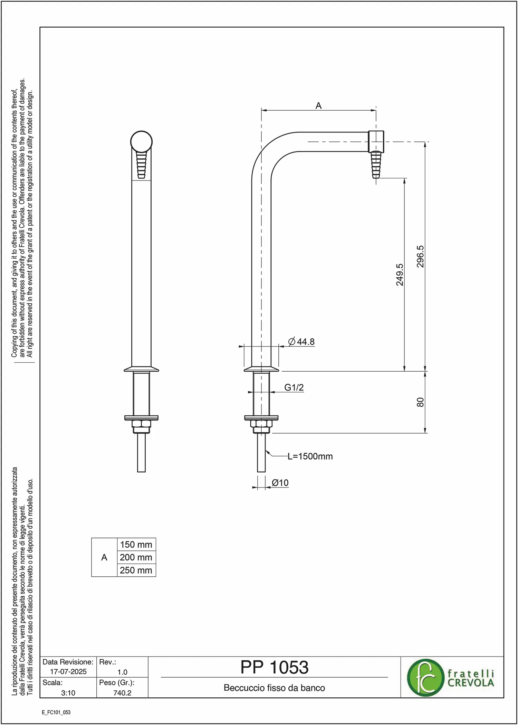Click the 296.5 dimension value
420,256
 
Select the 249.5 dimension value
400,275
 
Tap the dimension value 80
420,402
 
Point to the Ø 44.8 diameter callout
301,342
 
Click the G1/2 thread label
294,387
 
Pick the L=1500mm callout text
310,456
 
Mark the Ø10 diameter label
280,483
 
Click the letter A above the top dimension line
318,105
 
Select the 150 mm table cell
136,545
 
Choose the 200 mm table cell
136,557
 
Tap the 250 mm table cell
136,570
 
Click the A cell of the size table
104,557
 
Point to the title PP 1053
274,667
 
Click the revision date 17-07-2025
68,671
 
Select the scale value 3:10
68,693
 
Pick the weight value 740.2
122,693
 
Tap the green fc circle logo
425,678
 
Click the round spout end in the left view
141,141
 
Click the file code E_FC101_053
56,712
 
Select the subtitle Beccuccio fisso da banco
274,688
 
